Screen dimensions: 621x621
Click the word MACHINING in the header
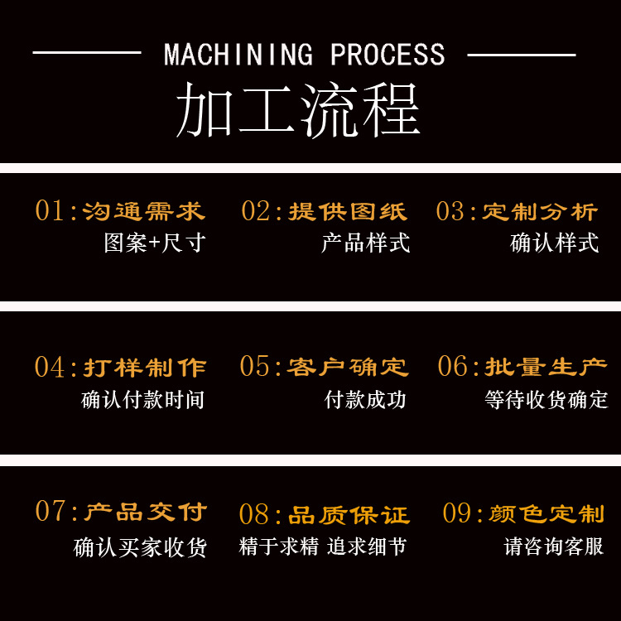coord(238,55)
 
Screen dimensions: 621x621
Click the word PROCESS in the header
coord(388,55)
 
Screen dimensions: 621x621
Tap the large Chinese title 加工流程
coord(298,110)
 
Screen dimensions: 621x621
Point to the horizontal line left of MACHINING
coord(86,55)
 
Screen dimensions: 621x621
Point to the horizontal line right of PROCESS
coord(522,55)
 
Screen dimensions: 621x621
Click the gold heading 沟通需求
coord(143,211)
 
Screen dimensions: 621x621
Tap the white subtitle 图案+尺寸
coord(154,243)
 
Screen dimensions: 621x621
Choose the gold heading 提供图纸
coord(348,211)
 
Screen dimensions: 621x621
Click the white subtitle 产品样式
coord(366,243)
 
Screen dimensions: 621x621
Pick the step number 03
coord(451,211)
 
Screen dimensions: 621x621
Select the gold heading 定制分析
coord(540,211)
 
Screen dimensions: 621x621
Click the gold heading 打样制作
coord(144,367)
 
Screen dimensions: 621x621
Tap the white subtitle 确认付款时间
coord(142,400)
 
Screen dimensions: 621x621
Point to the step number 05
coord(256,367)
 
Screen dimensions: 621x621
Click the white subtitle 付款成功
coord(366,400)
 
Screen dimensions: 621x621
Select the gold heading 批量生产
coord(546,367)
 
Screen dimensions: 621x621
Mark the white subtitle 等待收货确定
coord(546,400)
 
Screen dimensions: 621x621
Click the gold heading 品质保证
coord(349,515)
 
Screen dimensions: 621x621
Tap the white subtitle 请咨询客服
coord(554,546)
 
